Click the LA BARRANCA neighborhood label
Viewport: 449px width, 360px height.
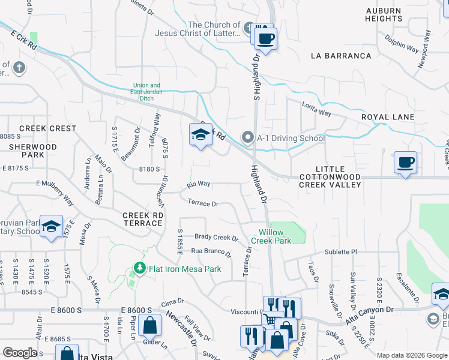pos(341,56)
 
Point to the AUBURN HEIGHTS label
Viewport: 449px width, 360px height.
pos(384,14)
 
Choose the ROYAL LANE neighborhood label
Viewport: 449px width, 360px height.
pos(388,117)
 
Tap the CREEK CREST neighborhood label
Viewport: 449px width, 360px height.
pos(48,128)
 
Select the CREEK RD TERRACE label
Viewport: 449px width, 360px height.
pos(142,219)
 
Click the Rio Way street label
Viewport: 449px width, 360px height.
pos(198,184)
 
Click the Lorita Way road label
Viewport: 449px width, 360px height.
pos(316,109)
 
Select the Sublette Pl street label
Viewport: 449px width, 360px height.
pos(341,252)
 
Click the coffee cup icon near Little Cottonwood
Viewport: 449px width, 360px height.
pos(406,162)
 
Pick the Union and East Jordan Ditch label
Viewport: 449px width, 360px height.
pos(146,89)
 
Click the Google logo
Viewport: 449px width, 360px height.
pos(20,353)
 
